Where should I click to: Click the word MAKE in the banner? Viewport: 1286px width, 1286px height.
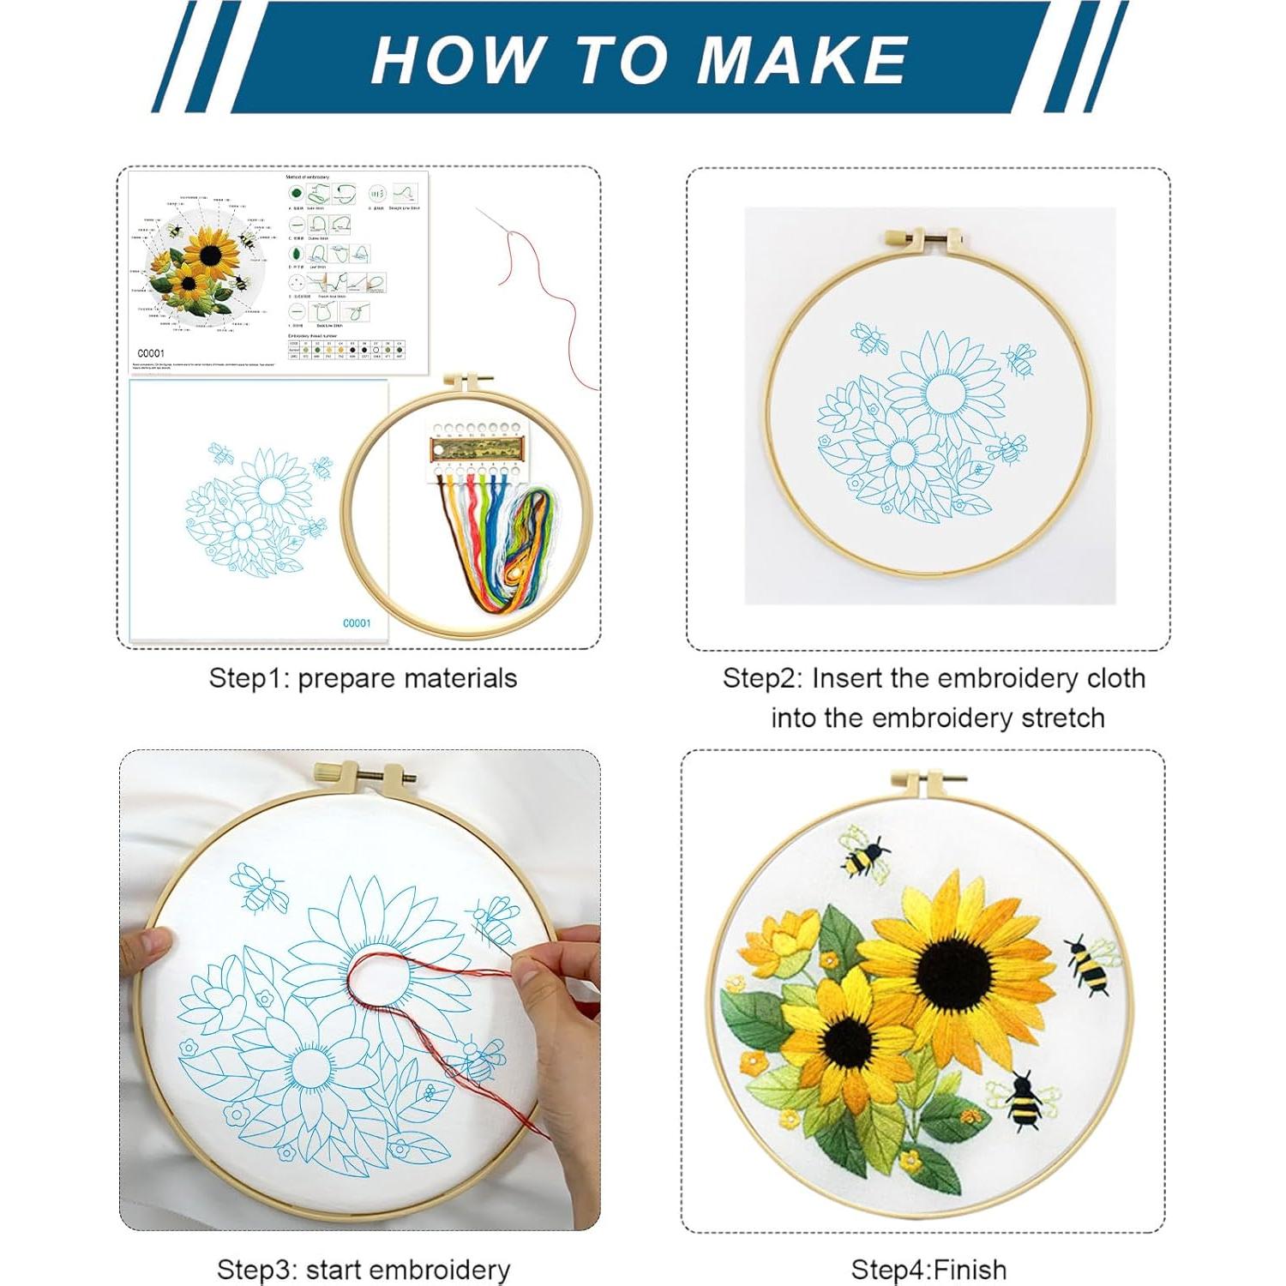click(802, 60)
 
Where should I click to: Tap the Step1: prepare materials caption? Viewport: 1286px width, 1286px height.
click(363, 678)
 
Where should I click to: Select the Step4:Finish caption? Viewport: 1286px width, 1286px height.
click(928, 1269)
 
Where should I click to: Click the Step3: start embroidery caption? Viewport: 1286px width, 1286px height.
click(363, 1269)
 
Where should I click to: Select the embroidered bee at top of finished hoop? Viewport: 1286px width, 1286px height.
click(864, 856)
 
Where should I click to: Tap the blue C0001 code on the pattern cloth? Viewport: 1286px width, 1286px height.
click(357, 623)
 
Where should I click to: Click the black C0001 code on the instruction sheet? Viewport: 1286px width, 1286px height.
click(151, 353)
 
